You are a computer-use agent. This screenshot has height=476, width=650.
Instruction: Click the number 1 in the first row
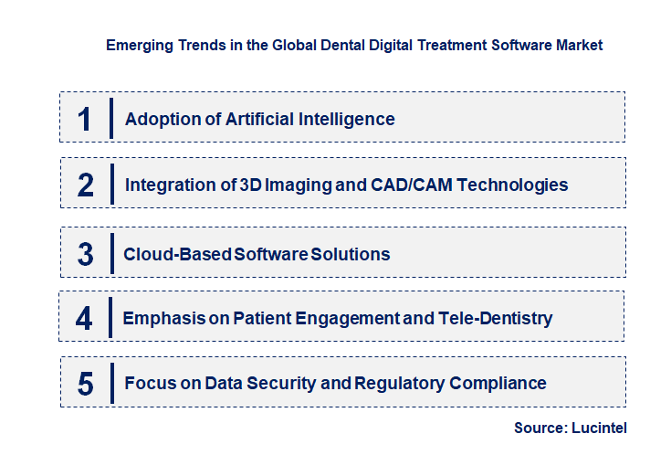pos(85,119)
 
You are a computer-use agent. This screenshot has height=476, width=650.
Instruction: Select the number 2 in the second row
pos(86,185)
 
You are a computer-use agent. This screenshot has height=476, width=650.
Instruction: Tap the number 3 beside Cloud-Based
pos(86,254)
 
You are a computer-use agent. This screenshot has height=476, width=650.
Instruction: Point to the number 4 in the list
pos(85,319)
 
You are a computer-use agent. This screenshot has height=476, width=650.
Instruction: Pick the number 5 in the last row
pos(86,384)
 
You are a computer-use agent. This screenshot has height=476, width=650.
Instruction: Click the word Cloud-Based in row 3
pos(177,254)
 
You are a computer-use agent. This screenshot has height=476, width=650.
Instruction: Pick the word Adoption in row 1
pos(161,119)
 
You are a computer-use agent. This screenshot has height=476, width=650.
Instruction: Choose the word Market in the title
pos(578,45)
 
